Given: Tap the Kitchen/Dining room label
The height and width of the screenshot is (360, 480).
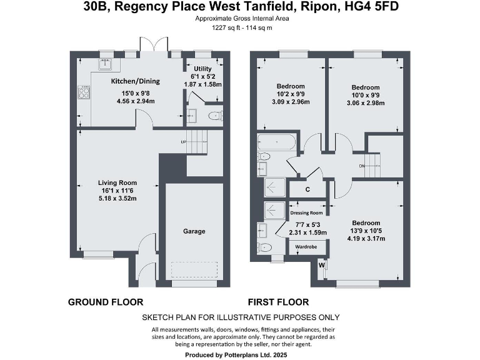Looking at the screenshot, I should click(x=135, y=81).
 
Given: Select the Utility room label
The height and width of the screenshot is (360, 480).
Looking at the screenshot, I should click(x=202, y=69).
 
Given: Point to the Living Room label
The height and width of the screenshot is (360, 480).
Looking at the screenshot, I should click(x=117, y=182).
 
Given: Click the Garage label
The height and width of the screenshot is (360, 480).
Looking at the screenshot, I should click(x=194, y=231).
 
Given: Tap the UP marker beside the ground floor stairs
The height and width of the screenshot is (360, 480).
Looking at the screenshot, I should click(x=184, y=142).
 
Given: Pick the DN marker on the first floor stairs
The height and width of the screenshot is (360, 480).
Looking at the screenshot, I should click(x=362, y=166).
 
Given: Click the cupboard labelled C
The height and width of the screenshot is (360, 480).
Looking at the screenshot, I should click(x=307, y=189).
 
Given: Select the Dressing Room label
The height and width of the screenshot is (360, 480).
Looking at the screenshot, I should click(x=307, y=213).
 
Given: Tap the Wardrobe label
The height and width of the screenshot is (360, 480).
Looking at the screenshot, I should click(x=306, y=247).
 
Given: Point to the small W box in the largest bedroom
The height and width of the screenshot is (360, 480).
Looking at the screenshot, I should click(x=322, y=266).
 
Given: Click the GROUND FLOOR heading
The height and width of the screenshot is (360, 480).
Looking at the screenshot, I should click(x=106, y=302).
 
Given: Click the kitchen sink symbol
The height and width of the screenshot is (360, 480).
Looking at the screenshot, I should click(x=103, y=63).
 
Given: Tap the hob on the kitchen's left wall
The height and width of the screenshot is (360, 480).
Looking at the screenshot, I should click(x=84, y=93).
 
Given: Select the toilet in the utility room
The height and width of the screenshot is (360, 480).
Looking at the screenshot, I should click(x=214, y=115).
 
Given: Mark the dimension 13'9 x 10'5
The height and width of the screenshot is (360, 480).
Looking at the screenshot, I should click(x=366, y=231).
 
